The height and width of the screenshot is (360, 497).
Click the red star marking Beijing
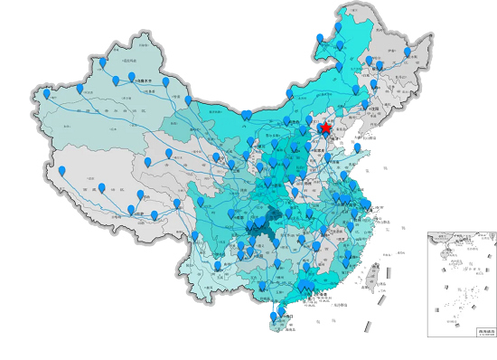325,129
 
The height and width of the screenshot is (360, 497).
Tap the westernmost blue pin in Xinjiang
47,93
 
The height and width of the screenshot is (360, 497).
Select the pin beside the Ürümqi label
132,78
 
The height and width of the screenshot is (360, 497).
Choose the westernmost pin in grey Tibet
62,171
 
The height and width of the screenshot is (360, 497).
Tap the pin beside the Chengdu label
231,214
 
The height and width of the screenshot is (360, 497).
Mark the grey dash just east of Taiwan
390,271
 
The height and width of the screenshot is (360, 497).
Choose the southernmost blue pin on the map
275,317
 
